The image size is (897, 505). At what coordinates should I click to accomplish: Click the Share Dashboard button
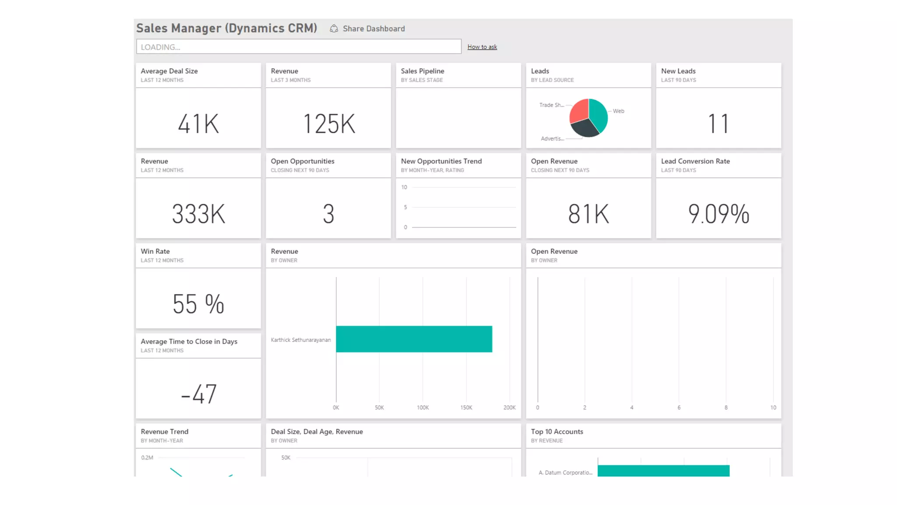[367, 28]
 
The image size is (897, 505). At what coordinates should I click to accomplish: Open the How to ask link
[482, 47]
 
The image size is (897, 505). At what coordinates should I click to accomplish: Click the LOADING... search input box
[298, 46]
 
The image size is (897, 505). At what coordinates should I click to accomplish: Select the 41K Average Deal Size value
[198, 124]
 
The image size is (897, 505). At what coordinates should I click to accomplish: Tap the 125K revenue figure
[328, 124]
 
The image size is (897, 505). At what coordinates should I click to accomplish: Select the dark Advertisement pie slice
[584, 128]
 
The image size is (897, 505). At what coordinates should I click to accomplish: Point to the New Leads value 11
[718, 124]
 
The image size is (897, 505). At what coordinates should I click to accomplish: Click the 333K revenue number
[198, 214]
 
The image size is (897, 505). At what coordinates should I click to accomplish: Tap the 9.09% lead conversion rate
[718, 214]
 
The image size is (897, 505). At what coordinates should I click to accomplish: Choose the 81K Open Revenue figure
[588, 214]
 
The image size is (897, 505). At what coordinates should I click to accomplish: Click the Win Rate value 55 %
[198, 304]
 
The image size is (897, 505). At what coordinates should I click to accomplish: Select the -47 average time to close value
[198, 394]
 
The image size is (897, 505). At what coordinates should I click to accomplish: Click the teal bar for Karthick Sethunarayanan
[413, 339]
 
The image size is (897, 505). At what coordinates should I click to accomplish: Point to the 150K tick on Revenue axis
[466, 408]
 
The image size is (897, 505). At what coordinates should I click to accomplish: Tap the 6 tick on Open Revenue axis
[679, 408]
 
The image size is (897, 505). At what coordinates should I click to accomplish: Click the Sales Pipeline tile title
[422, 71]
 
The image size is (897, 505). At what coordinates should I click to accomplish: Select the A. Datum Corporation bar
[663, 471]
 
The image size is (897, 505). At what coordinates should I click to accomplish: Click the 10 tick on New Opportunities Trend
[404, 187]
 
